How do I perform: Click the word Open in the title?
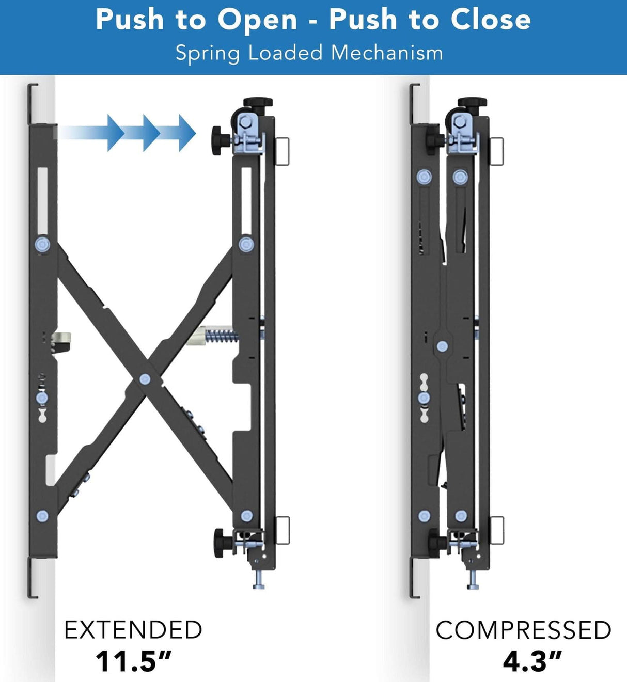click(257, 21)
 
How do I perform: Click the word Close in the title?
click(490, 20)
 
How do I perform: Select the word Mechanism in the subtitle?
click(387, 53)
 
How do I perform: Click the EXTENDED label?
click(133, 630)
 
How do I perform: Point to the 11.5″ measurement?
click(133, 661)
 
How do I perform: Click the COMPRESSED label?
click(523, 630)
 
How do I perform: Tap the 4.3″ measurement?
click(532, 661)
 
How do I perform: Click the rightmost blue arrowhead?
click(186, 133)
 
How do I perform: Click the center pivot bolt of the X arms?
click(145, 380)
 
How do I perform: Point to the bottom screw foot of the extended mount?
click(259, 583)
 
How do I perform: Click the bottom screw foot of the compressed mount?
click(473, 583)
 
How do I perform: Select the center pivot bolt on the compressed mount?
click(442, 346)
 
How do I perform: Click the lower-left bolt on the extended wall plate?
click(42, 516)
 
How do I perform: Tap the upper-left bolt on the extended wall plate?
click(42, 244)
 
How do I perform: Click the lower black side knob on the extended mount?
click(223, 543)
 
